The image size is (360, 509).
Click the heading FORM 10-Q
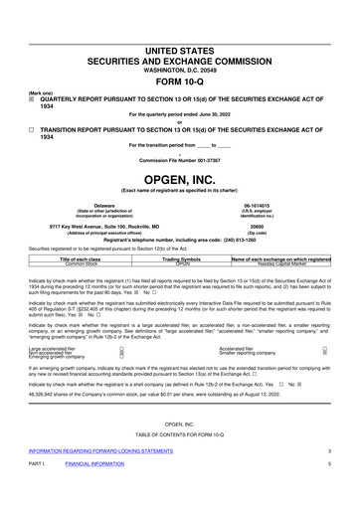click(x=180, y=84)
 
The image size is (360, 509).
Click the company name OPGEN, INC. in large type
click(x=180, y=179)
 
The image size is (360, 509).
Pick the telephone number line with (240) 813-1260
click(x=180, y=241)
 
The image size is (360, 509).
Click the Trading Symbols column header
click(x=182, y=258)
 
